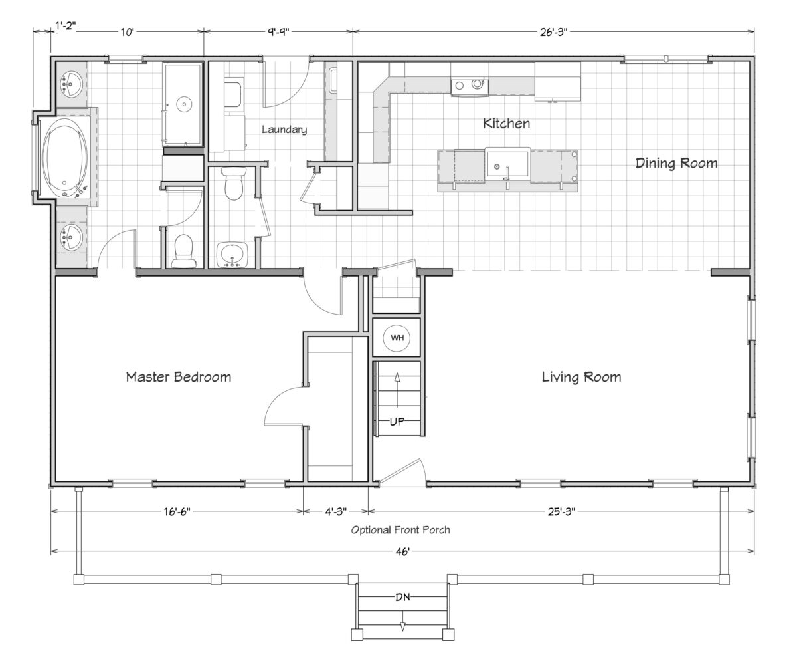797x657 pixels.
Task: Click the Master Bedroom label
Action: point(179,377)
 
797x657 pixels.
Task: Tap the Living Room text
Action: point(581,377)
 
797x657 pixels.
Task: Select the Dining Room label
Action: point(676,163)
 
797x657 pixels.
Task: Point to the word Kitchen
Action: point(506,124)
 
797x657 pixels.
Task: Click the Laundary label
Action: point(284,130)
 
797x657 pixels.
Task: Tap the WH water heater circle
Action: point(397,338)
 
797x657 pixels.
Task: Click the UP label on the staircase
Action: point(397,421)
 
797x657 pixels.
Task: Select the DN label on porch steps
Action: point(402,597)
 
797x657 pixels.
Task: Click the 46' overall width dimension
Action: point(402,552)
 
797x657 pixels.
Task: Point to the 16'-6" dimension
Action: point(177,511)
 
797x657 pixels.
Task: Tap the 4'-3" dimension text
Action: point(336,511)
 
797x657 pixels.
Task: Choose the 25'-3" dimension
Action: point(561,511)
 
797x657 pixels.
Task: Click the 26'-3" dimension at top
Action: point(554,32)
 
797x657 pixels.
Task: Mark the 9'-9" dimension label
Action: point(278,32)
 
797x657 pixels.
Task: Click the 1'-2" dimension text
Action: point(66,26)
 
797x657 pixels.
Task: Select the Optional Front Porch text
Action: point(400,530)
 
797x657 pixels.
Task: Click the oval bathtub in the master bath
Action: point(64,158)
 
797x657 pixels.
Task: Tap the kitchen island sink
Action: point(507,164)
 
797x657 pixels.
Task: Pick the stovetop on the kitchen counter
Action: point(470,85)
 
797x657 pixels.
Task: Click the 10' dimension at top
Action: point(128,32)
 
